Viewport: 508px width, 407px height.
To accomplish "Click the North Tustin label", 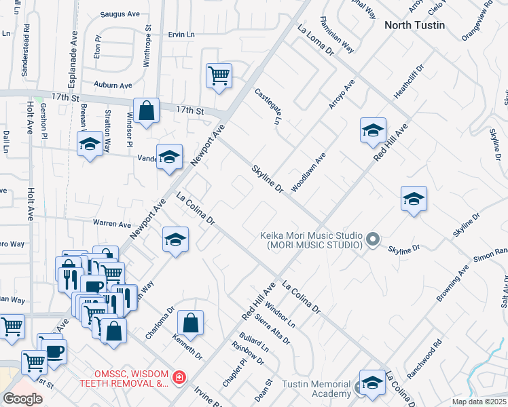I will click(x=414, y=25).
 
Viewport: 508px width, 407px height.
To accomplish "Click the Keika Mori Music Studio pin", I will click(x=372, y=239).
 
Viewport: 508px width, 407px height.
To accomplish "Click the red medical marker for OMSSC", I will click(x=179, y=377).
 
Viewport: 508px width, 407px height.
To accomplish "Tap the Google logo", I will click(x=22, y=399).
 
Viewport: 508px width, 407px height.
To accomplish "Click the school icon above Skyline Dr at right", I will click(x=414, y=199).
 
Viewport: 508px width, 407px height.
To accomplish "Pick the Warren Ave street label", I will click(x=112, y=224).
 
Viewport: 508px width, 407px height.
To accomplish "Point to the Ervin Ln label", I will click(x=181, y=34).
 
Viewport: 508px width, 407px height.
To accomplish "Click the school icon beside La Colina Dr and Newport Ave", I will click(x=175, y=239).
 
